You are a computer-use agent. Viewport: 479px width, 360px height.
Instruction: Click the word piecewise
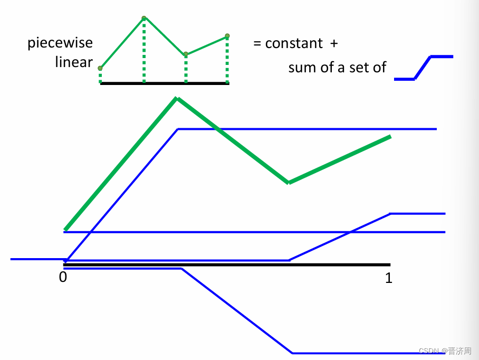60,43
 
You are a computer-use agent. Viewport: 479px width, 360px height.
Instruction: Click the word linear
74,62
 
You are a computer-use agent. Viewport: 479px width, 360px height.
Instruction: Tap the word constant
294,43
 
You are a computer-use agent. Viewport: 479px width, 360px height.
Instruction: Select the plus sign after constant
333,43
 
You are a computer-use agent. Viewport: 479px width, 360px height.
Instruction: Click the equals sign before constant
257,43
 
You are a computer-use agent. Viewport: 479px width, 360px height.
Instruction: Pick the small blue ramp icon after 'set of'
424,68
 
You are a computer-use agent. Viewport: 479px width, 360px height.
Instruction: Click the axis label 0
63,277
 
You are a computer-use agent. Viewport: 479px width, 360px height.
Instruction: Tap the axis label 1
389,278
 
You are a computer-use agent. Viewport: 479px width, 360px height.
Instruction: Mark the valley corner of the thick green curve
289,183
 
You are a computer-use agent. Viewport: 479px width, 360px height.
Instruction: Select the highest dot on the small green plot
144,18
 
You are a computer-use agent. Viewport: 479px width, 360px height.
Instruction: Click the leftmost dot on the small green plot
100,68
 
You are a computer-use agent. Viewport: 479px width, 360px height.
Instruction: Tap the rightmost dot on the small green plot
227,36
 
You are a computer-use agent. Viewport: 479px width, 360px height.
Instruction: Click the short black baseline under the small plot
165,83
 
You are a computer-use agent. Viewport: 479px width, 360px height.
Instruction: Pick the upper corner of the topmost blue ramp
178,129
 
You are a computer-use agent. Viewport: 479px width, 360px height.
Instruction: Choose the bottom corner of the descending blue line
292,353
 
